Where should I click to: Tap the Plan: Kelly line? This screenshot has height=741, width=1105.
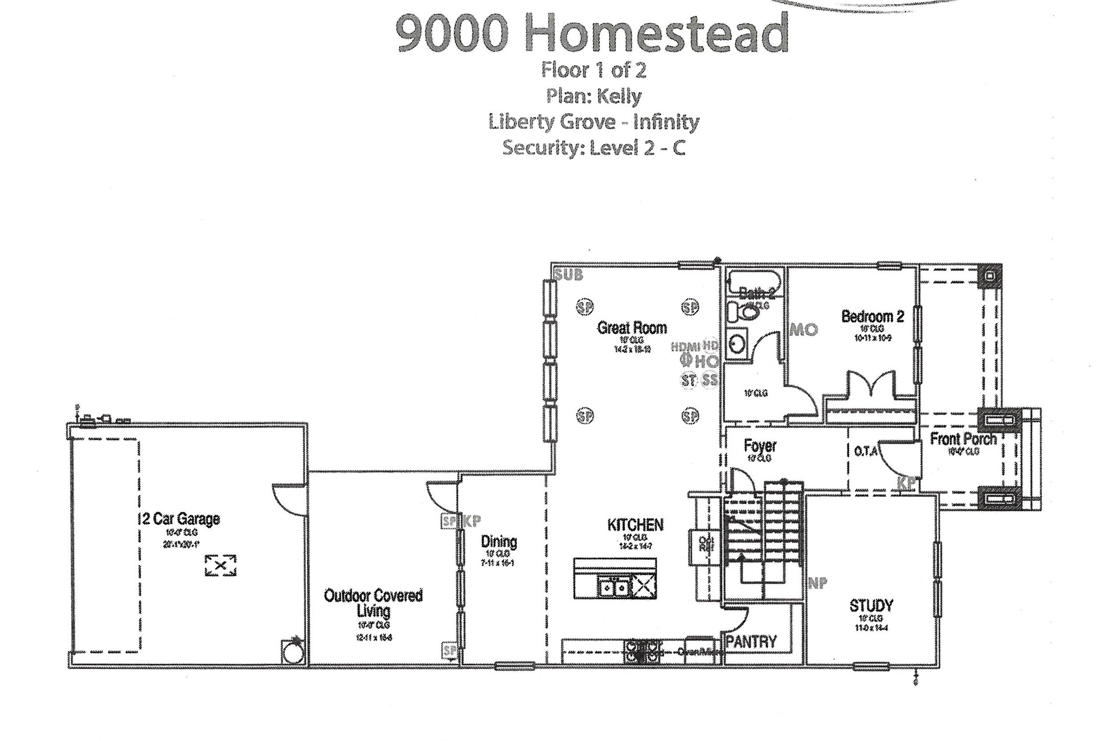[x=594, y=96]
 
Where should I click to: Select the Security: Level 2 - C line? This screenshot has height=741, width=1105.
[x=594, y=148]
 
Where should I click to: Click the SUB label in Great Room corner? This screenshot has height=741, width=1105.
[x=569, y=275]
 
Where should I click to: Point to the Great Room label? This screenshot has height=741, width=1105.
[x=632, y=328]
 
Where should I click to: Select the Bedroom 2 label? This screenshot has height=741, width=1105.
[x=872, y=316]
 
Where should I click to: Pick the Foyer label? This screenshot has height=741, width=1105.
[x=760, y=446]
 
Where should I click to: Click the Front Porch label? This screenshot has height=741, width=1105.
[x=963, y=439]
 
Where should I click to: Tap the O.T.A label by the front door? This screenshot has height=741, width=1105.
[x=865, y=452]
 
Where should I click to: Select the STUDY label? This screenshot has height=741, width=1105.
[x=871, y=606]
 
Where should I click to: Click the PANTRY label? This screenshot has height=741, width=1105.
[x=751, y=641]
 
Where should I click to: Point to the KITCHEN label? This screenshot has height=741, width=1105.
[x=635, y=525]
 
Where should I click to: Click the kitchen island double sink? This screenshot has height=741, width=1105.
[x=614, y=588]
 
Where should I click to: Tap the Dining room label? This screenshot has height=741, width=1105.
[x=499, y=541]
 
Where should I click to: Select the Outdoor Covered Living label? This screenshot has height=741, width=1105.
[x=374, y=603]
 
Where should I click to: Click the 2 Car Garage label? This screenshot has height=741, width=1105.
[x=181, y=519]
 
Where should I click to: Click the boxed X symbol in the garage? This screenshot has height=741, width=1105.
[x=220, y=565]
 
